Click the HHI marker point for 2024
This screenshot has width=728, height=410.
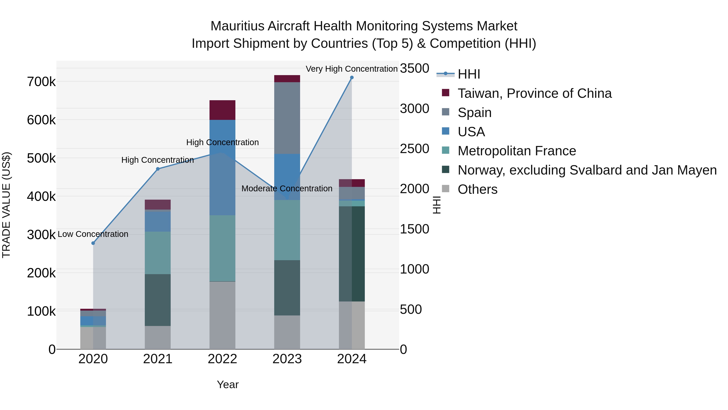point(352,78)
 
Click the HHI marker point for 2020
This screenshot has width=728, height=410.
point(93,243)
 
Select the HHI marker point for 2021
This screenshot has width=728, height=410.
point(158,169)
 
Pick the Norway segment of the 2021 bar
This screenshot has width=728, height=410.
point(158,300)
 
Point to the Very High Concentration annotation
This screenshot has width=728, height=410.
point(352,69)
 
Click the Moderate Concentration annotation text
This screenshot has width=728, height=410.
point(287,188)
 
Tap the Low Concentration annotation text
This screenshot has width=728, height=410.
point(93,234)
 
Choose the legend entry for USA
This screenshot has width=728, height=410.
point(471,132)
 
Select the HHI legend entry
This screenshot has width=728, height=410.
point(469,74)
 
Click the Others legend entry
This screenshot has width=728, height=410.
point(477,189)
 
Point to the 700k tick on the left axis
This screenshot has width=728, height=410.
point(41,82)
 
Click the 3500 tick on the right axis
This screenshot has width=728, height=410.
point(414,68)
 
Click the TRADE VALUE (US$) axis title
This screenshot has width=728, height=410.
point(6,205)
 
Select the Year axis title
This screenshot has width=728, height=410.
point(227,384)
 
